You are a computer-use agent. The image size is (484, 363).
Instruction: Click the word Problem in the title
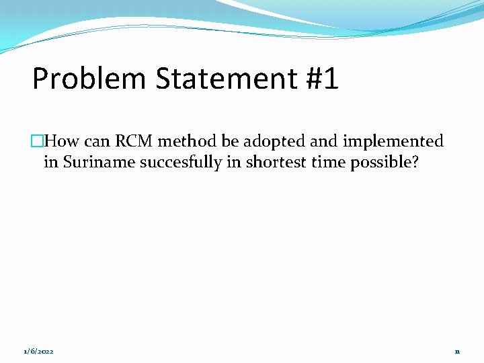89,79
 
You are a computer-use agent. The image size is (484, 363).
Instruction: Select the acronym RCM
133,141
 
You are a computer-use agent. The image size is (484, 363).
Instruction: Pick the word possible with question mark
385,163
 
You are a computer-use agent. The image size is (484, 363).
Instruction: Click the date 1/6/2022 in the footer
39,352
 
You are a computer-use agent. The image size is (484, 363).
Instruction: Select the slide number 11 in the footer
457,352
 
